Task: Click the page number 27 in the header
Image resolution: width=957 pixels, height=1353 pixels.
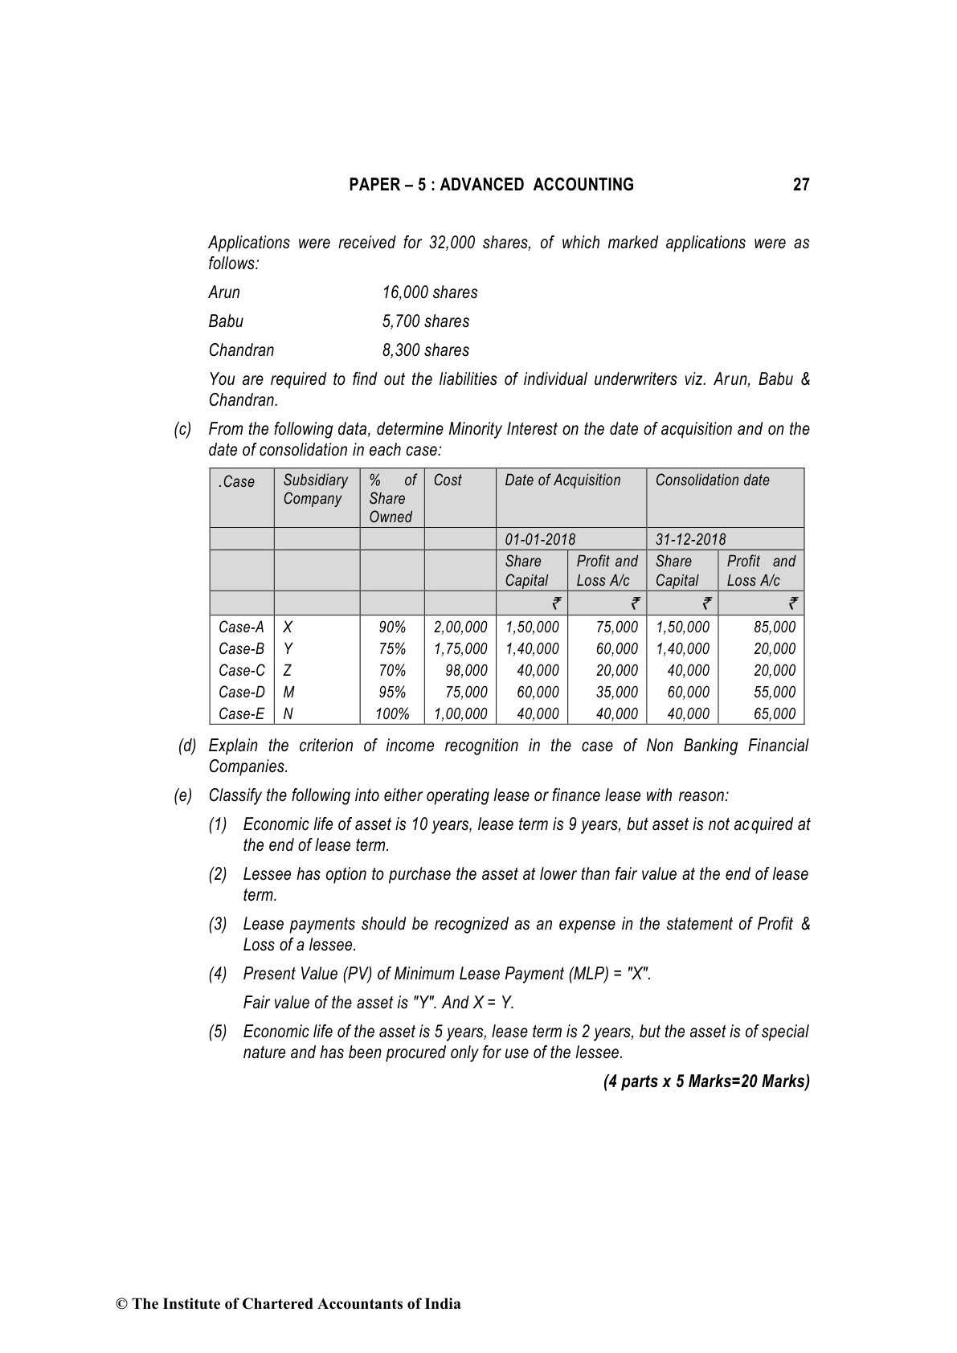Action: [800, 185]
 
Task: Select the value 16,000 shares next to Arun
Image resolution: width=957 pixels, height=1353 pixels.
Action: [430, 292]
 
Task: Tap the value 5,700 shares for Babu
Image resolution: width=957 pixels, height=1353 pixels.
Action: [426, 321]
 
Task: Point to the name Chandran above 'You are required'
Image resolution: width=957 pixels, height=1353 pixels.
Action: [241, 350]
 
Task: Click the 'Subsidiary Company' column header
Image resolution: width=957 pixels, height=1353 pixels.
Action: [315, 489]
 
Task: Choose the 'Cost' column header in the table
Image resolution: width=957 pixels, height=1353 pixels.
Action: [448, 480]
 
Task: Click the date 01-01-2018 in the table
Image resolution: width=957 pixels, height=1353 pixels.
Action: [540, 539]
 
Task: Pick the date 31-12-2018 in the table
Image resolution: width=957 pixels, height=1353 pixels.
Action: [690, 539]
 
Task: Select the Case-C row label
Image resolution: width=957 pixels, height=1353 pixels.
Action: [241, 670]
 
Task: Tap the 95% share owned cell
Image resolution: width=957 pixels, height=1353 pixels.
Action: [392, 692]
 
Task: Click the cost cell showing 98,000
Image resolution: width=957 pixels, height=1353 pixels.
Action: [466, 670]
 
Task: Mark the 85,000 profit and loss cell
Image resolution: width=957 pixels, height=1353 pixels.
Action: [775, 627]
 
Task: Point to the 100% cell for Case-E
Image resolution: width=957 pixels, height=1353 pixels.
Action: [392, 713]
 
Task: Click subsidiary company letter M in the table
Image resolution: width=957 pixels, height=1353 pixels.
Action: [289, 692]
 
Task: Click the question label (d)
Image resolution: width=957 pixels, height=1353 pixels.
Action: [187, 746]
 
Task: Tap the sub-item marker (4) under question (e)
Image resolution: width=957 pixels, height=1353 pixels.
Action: [218, 974]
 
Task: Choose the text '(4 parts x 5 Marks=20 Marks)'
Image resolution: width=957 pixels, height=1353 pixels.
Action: [706, 1081]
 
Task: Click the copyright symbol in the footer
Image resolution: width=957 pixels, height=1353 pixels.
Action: [122, 1304]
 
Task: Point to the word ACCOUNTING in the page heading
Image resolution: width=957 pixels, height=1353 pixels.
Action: [583, 185]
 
